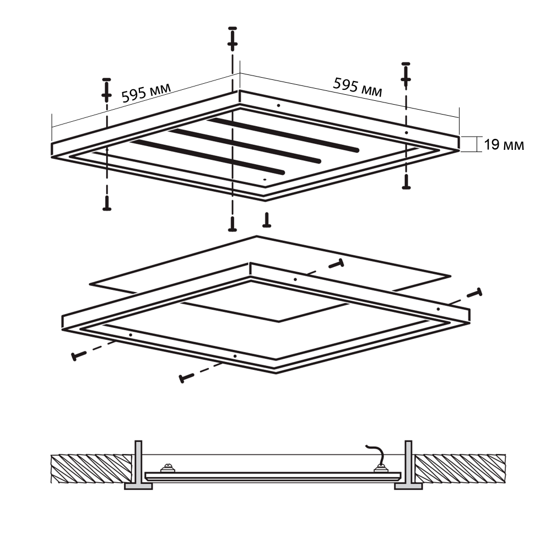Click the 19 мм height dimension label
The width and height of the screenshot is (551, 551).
[x=504, y=145]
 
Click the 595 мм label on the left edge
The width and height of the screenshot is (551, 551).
[x=146, y=93]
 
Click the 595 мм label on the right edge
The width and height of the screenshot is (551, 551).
[x=358, y=87]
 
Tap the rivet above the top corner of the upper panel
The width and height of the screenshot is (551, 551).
[x=233, y=38]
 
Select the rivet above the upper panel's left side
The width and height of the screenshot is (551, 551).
[x=106, y=90]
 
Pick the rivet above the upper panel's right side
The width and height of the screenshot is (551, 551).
[x=406, y=74]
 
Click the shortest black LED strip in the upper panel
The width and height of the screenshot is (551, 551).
[x=207, y=156]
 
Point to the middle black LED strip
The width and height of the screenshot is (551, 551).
[x=245, y=146]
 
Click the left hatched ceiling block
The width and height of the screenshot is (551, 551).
[x=91, y=469]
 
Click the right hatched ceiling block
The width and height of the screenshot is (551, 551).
[x=460, y=469]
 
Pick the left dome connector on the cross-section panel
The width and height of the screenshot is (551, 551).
[x=168, y=468]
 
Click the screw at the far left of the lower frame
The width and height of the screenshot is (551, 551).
[x=79, y=355]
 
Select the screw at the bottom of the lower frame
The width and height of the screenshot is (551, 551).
[x=186, y=378]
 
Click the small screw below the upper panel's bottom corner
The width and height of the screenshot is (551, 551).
[x=267, y=220]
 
